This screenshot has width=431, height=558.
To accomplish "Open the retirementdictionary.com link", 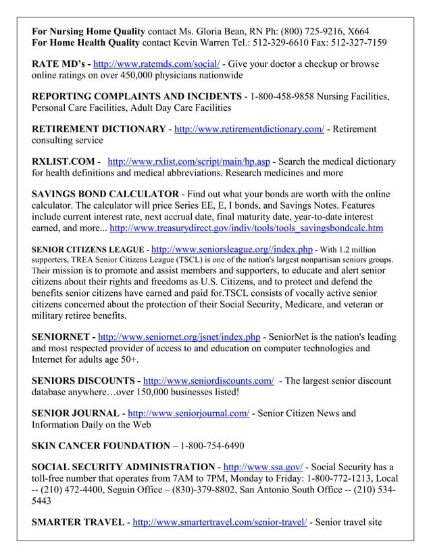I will (249, 129).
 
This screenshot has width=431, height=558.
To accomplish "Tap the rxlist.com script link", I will (191, 162).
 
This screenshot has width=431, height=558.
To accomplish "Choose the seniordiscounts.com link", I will (209, 380).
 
